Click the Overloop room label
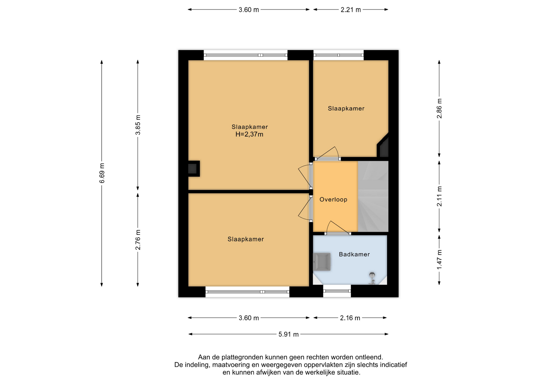(333, 200)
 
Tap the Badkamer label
(354, 254)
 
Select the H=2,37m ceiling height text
(249, 135)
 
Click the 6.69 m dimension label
(102, 173)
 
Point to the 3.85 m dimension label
(138, 125)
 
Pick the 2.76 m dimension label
(138, 240)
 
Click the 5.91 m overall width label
(289, 334)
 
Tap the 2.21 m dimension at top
(351, 10)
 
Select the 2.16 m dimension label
(350, 318)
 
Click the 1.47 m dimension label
(439, 259)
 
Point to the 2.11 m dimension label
(439, 196)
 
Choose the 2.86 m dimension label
(439, 109)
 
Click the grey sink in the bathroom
(322, 262)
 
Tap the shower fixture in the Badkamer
(372, 278)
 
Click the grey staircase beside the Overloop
(373, 196)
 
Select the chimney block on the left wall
(194, 169)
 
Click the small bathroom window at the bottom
(337, 291)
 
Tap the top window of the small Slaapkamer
(338, 55)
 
